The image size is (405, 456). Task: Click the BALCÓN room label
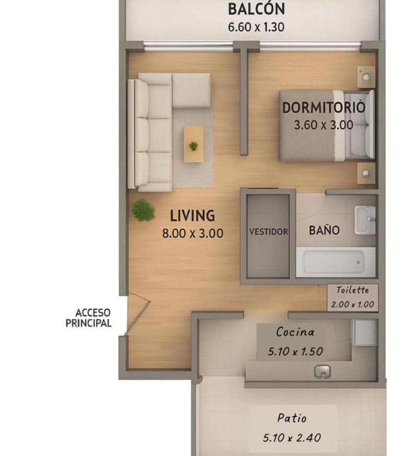pos(256,9)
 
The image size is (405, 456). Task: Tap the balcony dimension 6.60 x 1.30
pos(256,26)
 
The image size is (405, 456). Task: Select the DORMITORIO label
pos(323,107)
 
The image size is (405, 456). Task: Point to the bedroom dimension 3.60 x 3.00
pos(323,125)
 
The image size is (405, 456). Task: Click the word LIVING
pos(192,216)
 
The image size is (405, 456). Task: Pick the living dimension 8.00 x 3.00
pos(192,234)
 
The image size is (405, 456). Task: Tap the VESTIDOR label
pos(268,232)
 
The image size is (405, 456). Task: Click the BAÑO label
pos(324,230)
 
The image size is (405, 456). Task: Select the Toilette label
pos(352,290)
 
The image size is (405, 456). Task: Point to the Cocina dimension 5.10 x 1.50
pos(295,351)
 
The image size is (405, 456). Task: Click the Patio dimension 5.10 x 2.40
pos(292,437)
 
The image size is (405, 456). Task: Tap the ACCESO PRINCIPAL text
pos(90,318)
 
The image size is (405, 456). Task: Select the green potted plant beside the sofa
pos(143,210)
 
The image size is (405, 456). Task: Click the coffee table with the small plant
pos(194,144)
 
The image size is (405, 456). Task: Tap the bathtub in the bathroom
pos(335,262)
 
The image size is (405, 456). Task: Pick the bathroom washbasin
pos(364,220)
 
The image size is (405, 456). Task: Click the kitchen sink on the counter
pos(321,372)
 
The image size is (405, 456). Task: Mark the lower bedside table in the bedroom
pos(365,173)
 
